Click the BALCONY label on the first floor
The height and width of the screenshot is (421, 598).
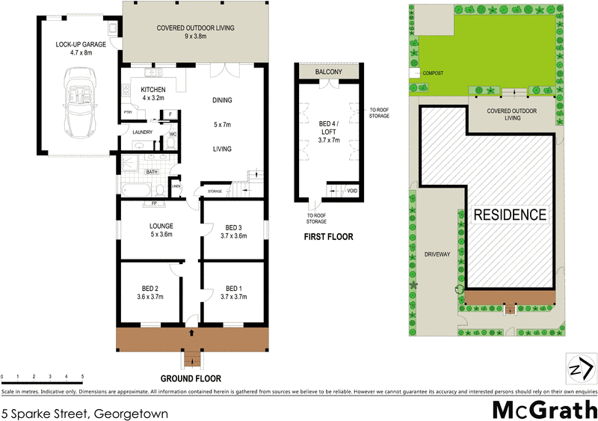click(329, 71)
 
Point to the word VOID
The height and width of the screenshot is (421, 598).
click(351, 191)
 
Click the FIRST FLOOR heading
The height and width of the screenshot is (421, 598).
click(328, 237)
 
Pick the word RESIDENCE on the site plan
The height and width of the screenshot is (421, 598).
click(510, 215)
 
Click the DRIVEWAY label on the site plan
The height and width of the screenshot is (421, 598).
click(437, 254)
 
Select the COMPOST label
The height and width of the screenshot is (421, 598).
click(434, 73)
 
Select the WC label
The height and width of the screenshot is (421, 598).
click(173, 134)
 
